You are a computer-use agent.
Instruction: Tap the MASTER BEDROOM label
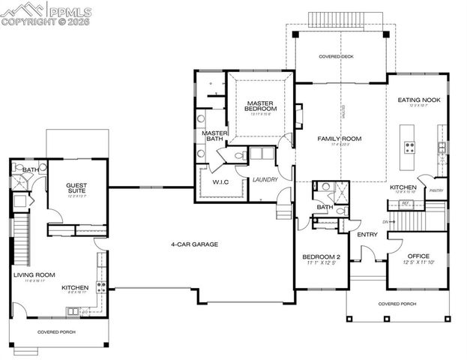click(x=260, y=106)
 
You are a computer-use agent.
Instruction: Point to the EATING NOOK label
click(x=418, y=100)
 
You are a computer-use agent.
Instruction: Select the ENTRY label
click(x=367, y=235)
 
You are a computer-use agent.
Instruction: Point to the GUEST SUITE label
click(x=76, y=188)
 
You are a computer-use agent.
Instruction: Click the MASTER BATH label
click(x=216, y=136)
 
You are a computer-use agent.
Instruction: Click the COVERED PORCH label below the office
click(x=397, y=304)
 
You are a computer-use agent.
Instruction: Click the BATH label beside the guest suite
click(x=31, y=170)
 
